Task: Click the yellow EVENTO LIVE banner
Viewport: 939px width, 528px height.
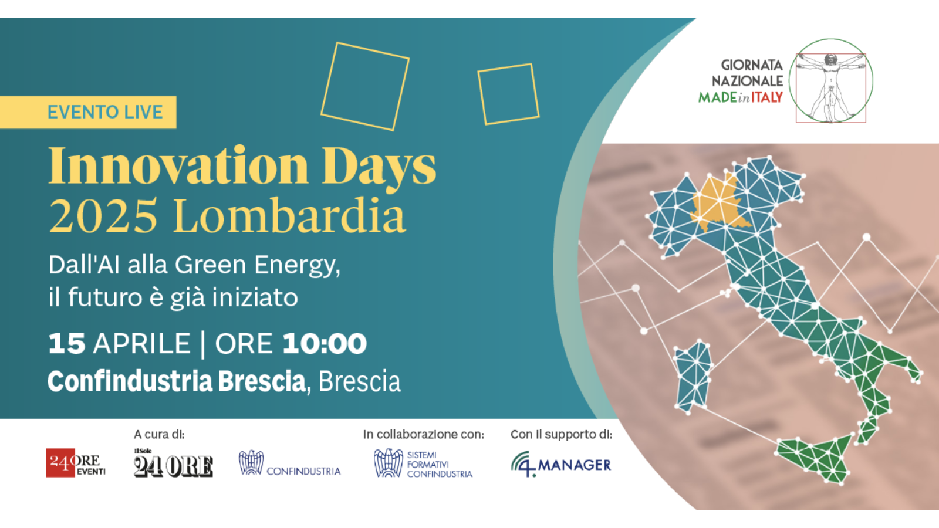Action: click(x=88, y=112)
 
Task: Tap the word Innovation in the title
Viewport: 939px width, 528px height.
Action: click(x=179, y=165)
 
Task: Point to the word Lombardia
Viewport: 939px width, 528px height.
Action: click(x=289, y=215)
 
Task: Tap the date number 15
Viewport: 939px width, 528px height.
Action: click(x=67, y=344)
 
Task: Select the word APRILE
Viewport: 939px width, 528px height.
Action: click(x=142, y=344)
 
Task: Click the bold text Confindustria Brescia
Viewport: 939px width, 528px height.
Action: click(x=177, y=381)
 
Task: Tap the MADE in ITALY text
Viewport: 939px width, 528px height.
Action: click(x=741, y=97)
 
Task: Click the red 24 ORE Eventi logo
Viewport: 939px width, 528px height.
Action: click(x=76, y=463)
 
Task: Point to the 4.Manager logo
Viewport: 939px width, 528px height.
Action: click(x=561, y=464)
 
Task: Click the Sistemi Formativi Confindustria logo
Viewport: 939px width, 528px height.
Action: click(x=423, y=463)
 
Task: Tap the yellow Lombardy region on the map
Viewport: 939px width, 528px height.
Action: click(x=718, y=203)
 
